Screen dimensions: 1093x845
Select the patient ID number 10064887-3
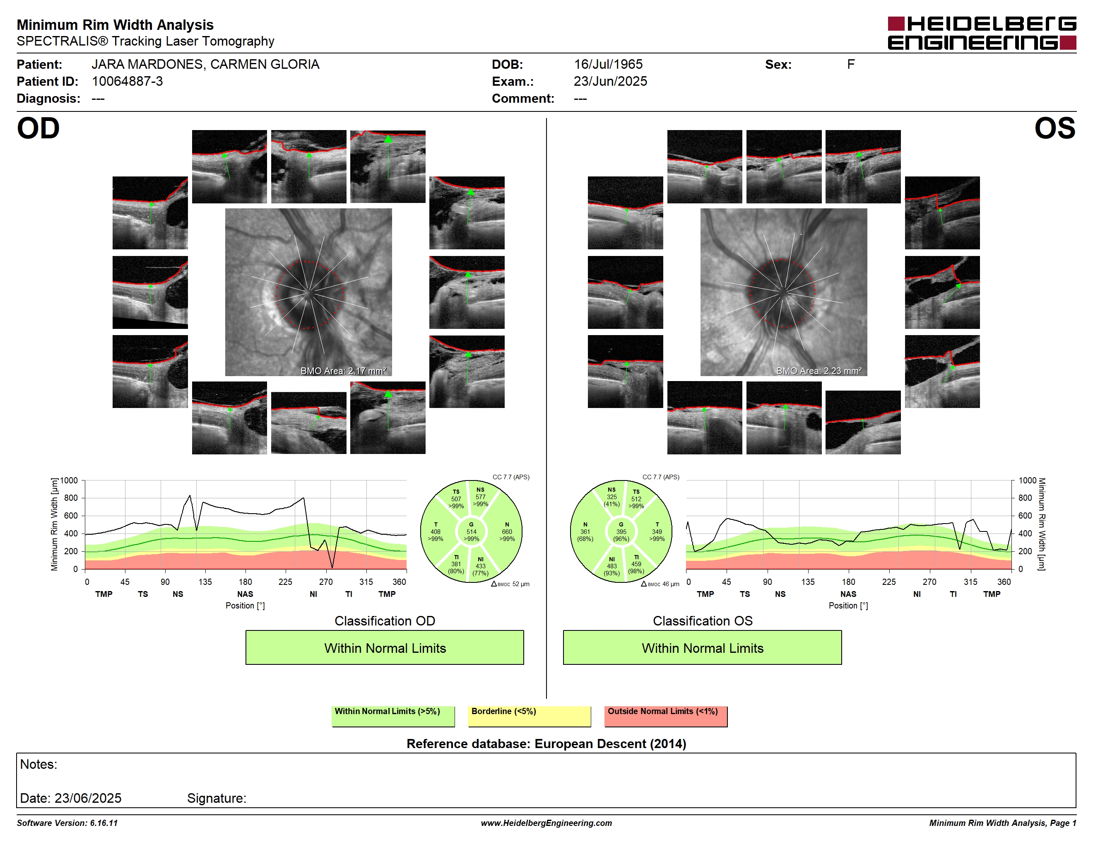click(127, 81)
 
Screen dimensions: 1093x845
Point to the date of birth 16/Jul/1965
click(608, 64)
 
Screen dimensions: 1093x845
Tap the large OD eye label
click(38, 129)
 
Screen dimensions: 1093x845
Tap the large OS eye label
click(1054, 129)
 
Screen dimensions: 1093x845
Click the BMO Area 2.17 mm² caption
click(343, 371)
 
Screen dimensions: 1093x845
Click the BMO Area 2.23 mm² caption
click(819, 371)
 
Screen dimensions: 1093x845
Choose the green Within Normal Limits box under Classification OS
click(702, 647)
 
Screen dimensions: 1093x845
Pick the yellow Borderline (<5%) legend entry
click(529, 716)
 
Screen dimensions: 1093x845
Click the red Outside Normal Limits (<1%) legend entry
click(666, 716)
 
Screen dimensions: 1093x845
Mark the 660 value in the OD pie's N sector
click(507, 531)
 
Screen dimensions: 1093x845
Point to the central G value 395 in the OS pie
click(621, 531)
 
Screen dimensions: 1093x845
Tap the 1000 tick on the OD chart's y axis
click(69, 480)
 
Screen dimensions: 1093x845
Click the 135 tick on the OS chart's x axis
click(808, 582)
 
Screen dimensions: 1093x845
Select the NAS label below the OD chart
click(245, 594)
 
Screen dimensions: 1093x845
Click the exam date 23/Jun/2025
click(610, 81)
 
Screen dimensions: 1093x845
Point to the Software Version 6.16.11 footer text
click(67, 823)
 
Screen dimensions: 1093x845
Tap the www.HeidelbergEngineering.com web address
click(546, 823)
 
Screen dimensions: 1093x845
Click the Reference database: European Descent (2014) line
click(546, 744)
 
